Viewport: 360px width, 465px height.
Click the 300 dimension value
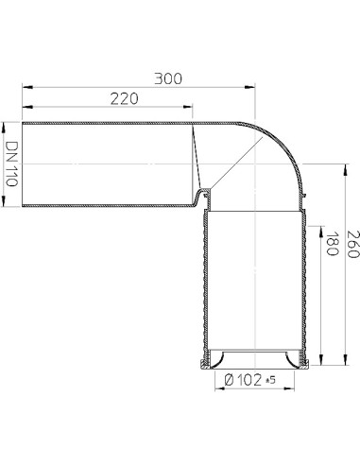[169, 78]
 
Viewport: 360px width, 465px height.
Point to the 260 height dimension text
[351, 249]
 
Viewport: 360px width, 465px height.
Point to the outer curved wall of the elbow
[289, 142]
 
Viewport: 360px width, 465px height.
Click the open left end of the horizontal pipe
[23, 165]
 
